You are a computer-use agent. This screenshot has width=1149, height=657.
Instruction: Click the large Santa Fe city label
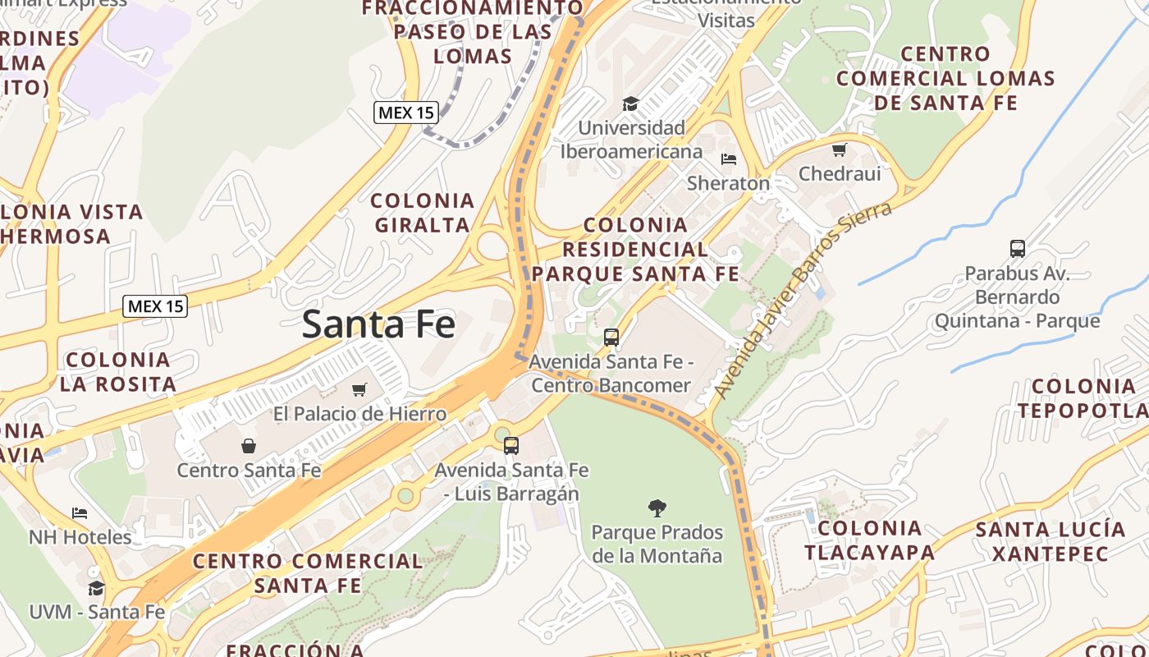378,324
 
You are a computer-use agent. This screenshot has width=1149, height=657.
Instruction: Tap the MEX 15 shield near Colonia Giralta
405,113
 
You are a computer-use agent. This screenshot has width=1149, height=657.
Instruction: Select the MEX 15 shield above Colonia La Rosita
156,306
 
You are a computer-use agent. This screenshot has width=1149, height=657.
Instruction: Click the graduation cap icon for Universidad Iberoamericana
630,103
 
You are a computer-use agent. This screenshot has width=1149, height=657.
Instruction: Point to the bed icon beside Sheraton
728,159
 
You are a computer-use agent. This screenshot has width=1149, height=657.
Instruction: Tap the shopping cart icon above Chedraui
839,149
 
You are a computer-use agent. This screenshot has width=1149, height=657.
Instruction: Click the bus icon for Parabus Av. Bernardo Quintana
1017,248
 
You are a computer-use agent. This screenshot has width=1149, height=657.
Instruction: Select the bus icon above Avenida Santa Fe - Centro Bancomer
611,337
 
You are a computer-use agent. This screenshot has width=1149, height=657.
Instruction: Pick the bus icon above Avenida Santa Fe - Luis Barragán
510,446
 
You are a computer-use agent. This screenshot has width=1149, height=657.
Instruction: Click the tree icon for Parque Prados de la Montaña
657,508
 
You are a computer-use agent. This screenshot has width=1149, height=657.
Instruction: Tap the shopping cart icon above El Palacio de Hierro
359,389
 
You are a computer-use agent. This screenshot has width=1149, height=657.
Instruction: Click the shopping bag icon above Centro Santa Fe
249,446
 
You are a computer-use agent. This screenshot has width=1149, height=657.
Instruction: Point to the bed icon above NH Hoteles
80,513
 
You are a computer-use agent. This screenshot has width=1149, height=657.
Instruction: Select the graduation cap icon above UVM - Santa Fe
96,588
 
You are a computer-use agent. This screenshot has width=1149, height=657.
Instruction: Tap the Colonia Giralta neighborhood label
423,212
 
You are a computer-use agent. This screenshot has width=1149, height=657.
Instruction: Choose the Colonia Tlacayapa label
869,540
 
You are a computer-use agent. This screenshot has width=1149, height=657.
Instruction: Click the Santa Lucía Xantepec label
1050,541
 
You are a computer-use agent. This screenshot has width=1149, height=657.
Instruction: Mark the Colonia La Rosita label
117,371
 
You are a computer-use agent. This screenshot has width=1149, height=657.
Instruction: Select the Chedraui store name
840,173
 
